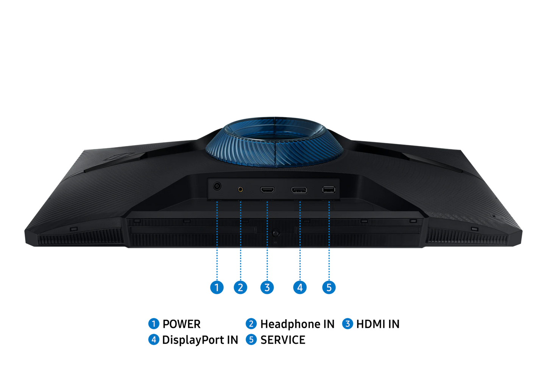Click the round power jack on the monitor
[217, 186]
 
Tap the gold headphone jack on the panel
[240, 189]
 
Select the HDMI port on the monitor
[267, 190]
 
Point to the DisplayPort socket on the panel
[299, 190]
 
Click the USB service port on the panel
[329, 190]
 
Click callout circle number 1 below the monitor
[217, 287]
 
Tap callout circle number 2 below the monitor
[240, 287]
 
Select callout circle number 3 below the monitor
[267, 287]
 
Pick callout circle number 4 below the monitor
[300, 287]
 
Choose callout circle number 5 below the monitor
[329, 287]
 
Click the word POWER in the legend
[181, 324]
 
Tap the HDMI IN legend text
[378, 324]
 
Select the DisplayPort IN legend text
[200, 340]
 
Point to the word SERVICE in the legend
[283, 340]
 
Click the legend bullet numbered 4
[154, 340]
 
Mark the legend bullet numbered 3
[348, 324]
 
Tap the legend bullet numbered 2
[251, 324]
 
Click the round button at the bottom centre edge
[276, 233]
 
